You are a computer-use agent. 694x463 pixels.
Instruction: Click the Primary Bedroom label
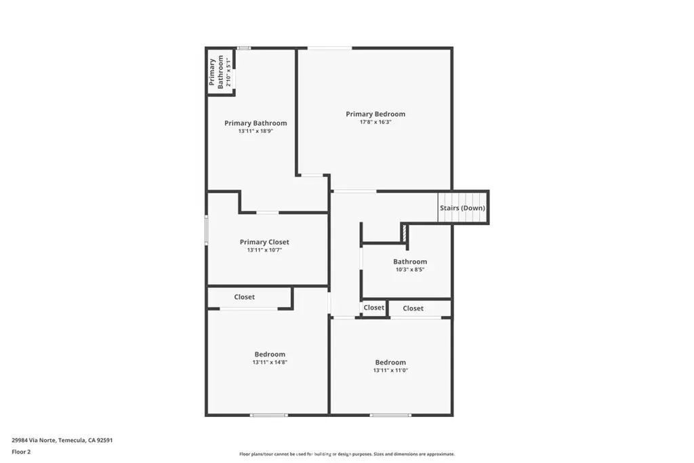coord(375,114)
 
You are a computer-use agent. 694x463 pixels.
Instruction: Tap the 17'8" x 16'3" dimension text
coord(375,122)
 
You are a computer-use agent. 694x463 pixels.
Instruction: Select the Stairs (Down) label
coord(462,208)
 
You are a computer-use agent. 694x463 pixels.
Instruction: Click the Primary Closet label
coord(264,242)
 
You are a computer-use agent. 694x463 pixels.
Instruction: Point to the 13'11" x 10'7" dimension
coord(264,250)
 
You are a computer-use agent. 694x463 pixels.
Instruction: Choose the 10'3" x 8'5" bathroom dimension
coord(410,270)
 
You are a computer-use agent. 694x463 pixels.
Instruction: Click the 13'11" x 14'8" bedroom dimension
coord(270,362)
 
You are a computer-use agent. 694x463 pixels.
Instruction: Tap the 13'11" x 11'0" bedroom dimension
coord(390,371)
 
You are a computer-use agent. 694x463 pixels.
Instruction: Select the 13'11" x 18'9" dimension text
coord(256,131)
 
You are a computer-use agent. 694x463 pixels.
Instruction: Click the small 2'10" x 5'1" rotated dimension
coord(228,72)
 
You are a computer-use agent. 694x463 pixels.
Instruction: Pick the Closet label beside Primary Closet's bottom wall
coord(244,297)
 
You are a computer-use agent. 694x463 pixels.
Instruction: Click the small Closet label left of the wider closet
coord(374,308)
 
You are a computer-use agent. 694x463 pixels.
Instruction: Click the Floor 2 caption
coord(21,452)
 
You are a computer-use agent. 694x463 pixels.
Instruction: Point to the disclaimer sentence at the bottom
coord(347,454)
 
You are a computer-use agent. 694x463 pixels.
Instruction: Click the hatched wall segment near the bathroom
coord(404,233)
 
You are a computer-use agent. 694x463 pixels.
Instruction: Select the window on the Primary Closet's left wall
coord(206,229)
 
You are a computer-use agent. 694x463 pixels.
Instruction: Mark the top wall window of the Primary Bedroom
coord(330,48)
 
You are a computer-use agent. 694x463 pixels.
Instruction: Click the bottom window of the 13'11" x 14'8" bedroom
coord(269,415)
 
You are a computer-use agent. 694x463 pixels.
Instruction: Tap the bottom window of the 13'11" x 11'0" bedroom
coord(390,415)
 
